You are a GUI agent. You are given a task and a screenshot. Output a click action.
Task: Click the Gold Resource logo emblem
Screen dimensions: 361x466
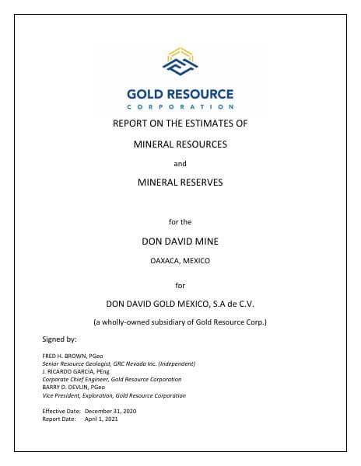pyautogui.click(x=180, y=62)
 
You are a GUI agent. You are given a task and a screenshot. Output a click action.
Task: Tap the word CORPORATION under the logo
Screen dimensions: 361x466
pyautogui.click(x=180, y=106)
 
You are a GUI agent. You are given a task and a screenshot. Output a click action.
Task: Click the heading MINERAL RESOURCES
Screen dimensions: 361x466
pyautogui.click(x=180, y=144)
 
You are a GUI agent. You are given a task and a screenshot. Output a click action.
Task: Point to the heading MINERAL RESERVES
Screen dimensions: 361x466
pyautogui.click(x=180, y=183)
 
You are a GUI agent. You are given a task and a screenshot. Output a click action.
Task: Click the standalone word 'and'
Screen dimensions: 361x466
pyautogui.click(x=180, y=163)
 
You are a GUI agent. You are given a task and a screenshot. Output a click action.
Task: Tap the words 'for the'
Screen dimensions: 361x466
pyautogui.click(x=180, y=222)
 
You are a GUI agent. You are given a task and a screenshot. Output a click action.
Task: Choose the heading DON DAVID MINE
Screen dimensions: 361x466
pyautogui.click(x=180, y=242)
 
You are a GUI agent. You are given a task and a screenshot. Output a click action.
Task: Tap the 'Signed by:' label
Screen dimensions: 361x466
pyautogui.click(x=59, y=339)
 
